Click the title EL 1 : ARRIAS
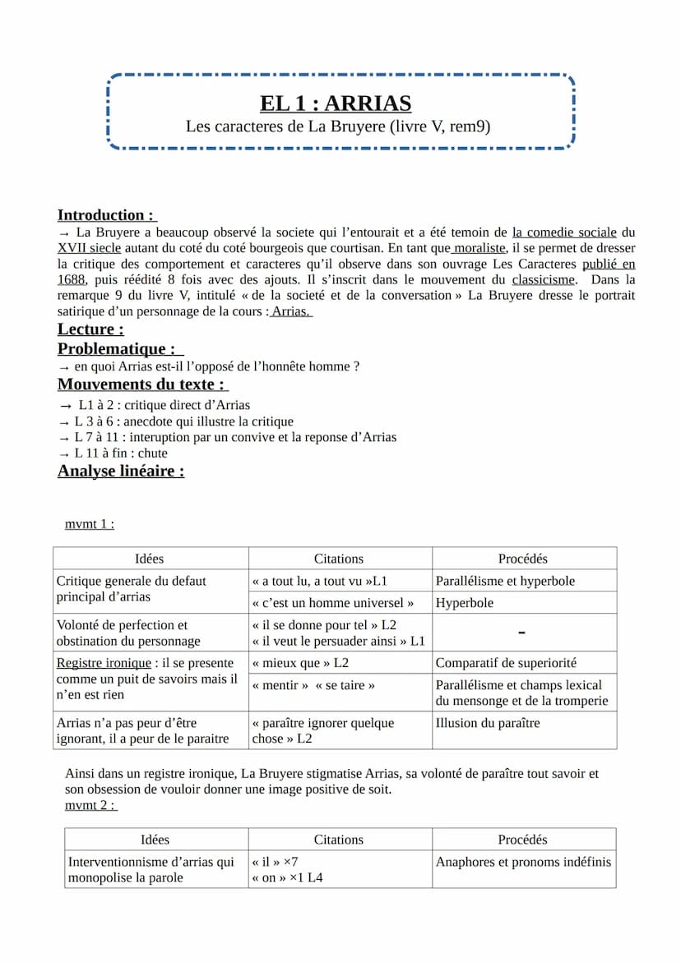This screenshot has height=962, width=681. (336, 104)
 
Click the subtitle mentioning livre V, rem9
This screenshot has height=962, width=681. (338, 127)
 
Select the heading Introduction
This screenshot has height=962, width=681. (105, 215)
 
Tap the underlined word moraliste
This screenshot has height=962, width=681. (480, 248)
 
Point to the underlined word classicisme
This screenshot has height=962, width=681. (543, 279)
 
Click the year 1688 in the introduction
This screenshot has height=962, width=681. (72, 279)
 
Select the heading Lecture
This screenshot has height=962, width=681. (90, 329)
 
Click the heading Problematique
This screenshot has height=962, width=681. (118, 348)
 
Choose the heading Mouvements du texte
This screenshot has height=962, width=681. (141, 384)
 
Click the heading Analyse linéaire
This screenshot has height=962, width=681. (120, 471)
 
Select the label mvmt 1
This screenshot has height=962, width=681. (89, 524)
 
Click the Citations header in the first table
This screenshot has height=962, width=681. (339, 559)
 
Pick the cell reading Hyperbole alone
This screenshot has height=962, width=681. (465, 603)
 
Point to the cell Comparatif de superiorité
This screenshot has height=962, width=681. (506, 663)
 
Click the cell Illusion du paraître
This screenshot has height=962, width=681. (488, 723)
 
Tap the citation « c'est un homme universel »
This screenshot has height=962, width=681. (333, 603)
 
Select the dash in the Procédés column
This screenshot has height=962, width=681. (522, 633)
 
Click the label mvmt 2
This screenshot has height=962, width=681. (90, 805)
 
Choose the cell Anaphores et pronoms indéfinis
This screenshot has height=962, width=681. (523, 862)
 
